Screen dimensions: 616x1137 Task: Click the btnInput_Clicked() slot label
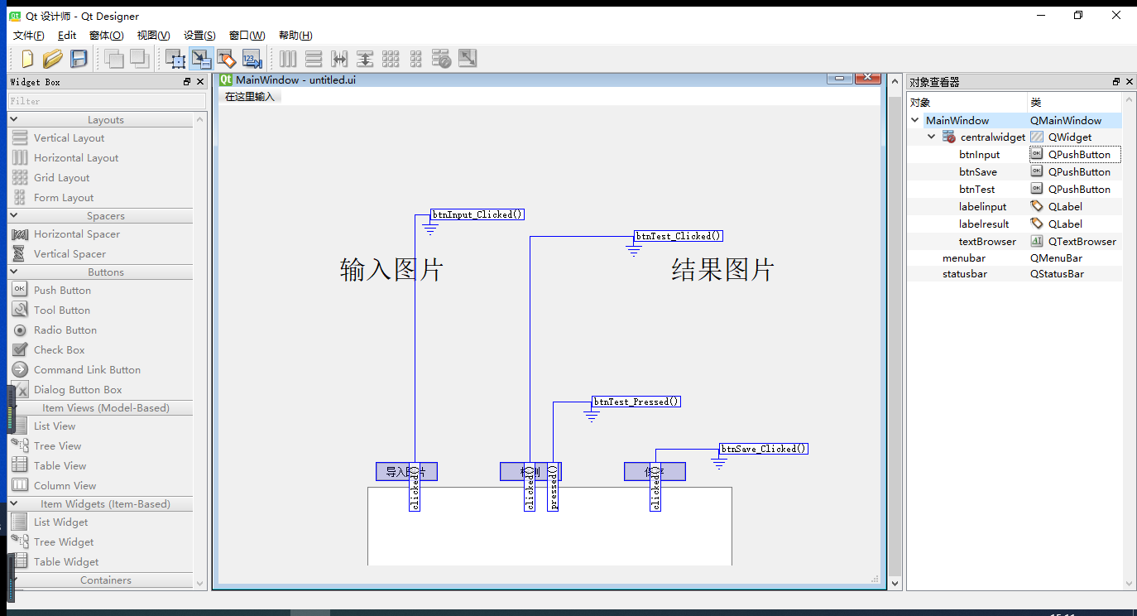pos(477,214)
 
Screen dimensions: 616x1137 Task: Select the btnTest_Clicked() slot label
pos(679,236)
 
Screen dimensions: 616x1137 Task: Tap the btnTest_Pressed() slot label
pos(636,402)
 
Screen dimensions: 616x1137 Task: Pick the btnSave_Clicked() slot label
pos(763,449)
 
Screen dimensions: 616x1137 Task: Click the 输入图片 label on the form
pos(391,269)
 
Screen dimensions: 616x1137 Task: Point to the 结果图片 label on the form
pos(722,269)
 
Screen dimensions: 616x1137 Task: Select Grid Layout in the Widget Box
pos(61,178)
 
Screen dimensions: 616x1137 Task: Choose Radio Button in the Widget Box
pos(65,330)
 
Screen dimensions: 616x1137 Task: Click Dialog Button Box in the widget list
pos(77,390)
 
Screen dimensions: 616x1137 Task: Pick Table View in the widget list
pos(60,466)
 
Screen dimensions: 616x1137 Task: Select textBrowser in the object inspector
pos(987,242)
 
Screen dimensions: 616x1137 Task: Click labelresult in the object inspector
pos(984,224)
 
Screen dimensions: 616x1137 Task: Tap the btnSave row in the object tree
pos(977,172)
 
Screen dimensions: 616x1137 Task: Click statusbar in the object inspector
pos(964,274)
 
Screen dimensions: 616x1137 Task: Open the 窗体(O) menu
pos(106,36)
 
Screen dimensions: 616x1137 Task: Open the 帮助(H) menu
pos(295,36)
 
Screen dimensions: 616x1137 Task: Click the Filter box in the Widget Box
pos(107,101)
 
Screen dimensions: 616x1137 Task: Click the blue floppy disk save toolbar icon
pos(79,59)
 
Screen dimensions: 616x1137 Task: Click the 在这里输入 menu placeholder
pos(250,97)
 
